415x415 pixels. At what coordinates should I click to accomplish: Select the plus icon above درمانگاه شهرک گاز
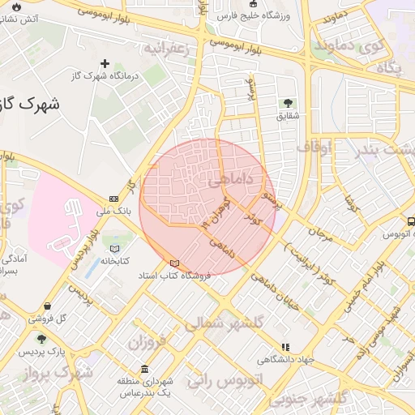click(104, 63)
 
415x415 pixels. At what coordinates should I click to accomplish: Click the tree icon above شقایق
click(288, 103)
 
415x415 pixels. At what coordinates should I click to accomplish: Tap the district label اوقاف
click(314, 148)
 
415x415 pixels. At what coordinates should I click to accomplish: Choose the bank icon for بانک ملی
click(113, 199)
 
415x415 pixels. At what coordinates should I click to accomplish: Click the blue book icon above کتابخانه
click(114, 248)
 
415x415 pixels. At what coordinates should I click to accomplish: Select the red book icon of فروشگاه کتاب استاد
click(175, 263)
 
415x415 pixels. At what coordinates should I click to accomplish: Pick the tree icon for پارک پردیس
click(41, 340)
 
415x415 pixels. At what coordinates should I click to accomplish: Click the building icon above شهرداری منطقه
click(144, 369)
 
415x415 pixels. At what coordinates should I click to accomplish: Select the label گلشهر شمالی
click(223, 322)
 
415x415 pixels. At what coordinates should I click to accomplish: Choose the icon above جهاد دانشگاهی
click(285, 347)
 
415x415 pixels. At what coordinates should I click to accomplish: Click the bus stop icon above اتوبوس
click(411, 221)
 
